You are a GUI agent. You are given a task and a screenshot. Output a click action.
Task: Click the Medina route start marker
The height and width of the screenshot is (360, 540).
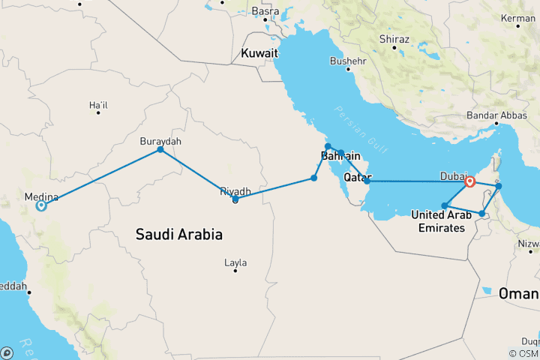(x=41, y=205)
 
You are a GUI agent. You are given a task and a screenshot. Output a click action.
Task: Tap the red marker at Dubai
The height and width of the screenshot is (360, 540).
(x=470, y=181)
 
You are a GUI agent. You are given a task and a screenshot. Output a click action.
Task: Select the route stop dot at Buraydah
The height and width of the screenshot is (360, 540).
(x=160, y=150)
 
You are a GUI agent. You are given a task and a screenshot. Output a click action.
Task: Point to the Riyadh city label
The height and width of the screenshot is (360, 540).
(x=235, y=191)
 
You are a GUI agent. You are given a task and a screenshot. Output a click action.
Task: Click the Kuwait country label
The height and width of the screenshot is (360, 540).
(x=259, y=53)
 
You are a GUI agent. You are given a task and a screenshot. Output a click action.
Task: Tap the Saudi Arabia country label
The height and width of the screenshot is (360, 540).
(x=178, y=234)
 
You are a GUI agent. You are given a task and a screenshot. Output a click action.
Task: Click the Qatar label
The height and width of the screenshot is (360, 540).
(x=358, y=178)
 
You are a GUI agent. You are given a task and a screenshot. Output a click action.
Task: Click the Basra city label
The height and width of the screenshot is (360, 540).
(x=265, y=11)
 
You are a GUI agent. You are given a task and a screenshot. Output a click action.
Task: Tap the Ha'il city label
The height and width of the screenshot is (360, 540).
(x=98, y=106)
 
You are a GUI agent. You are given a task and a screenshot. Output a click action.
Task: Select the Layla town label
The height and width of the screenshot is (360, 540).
(x=235, y=262)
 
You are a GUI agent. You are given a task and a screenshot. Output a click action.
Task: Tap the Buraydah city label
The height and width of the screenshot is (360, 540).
(x=160, y=140)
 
